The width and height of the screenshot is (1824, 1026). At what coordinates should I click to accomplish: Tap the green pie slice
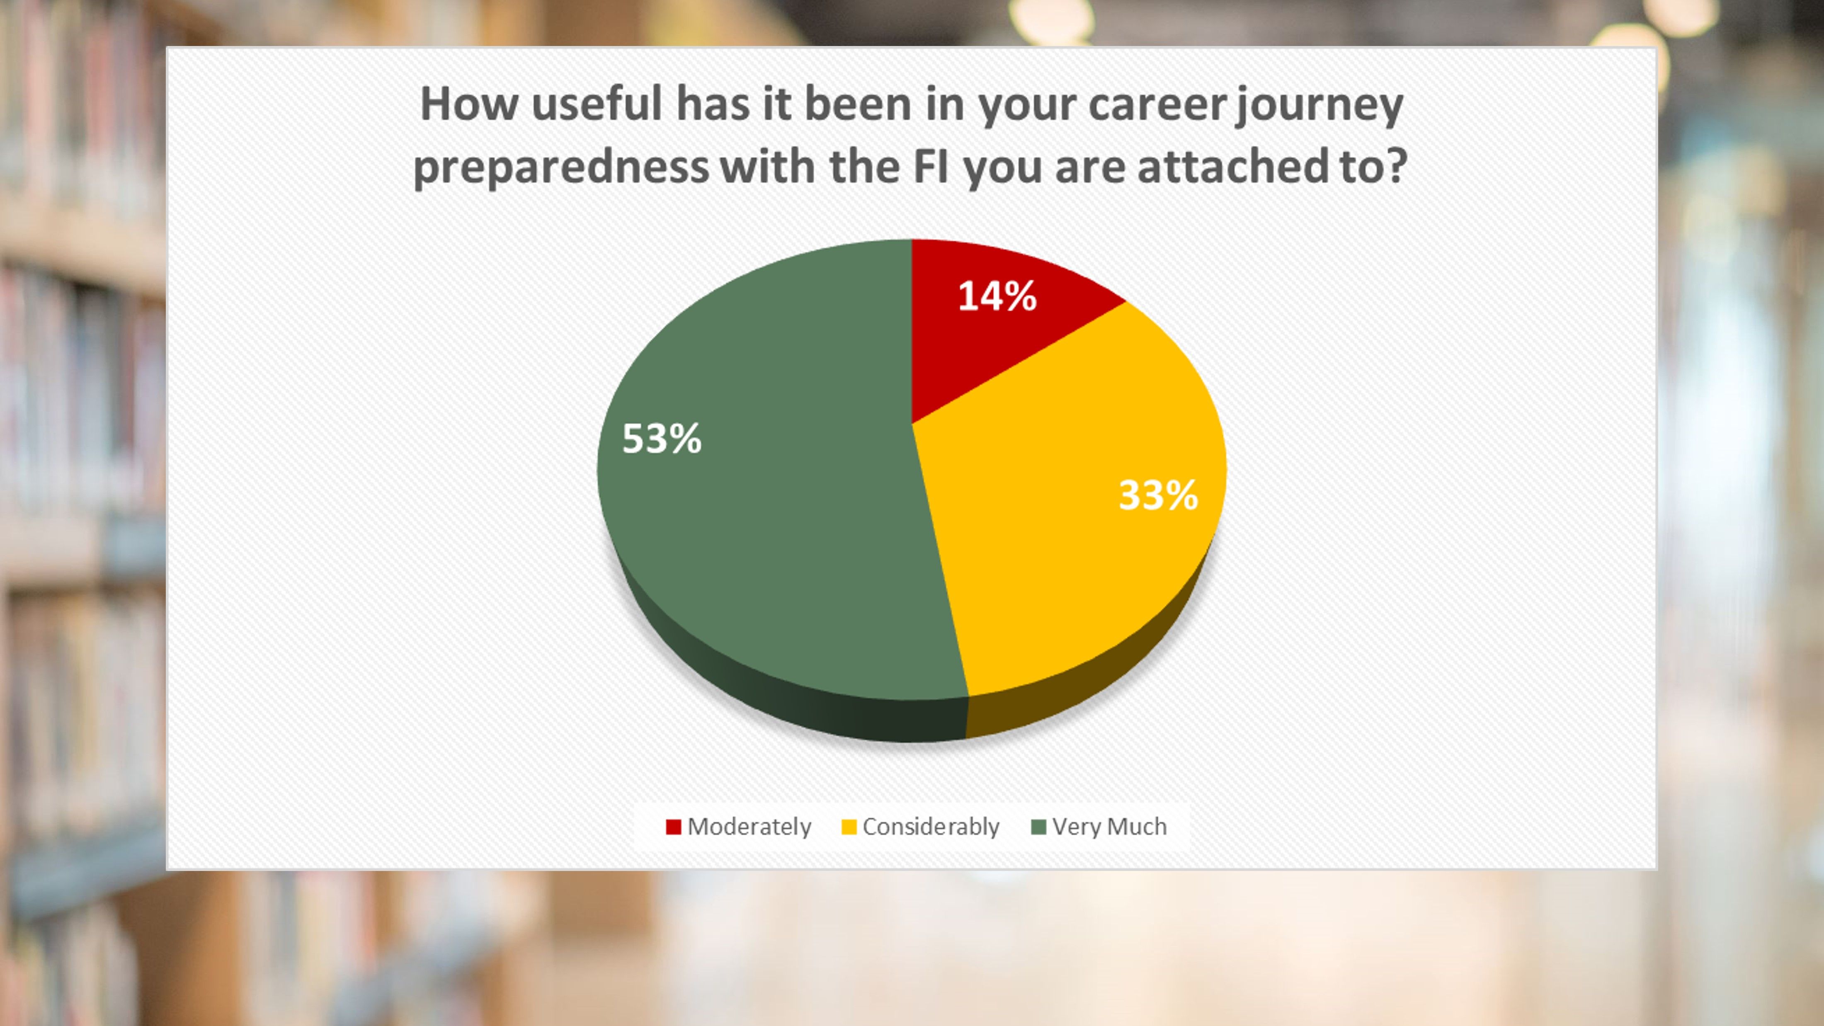765,496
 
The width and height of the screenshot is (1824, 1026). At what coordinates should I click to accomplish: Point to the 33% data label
1158,495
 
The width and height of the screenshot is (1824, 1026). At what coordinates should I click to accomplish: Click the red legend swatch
673,827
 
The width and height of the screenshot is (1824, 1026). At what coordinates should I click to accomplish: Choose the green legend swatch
1039,827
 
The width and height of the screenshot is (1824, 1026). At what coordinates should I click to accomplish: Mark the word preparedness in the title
561,169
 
